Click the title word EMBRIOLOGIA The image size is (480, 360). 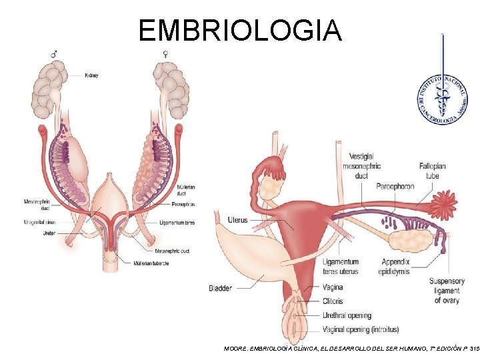(240, 30)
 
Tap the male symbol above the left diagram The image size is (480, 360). (55, 53)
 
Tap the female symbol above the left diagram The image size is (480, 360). (165, 53)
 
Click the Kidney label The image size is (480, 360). (91, 75)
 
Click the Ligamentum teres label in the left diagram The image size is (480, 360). (178, 222)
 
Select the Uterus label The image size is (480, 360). (237, 219)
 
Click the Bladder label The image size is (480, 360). (220, 288)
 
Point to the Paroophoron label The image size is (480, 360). (395, 186)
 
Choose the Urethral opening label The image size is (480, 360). (346, 315)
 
